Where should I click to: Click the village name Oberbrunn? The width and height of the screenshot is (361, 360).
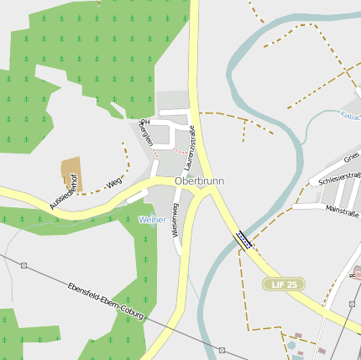(199, 180)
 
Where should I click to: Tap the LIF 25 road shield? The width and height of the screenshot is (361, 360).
(283, 284)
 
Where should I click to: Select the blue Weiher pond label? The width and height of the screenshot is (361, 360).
(152, 219)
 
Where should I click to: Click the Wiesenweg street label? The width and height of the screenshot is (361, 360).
(175, 219)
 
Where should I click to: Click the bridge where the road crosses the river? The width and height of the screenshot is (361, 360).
(243, 240)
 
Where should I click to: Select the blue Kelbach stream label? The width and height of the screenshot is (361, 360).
(350, 117)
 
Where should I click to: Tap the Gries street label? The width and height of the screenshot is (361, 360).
(352, 157)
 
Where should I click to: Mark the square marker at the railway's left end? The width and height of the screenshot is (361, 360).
(24, 265)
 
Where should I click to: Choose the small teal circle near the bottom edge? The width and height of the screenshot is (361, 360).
(291, 344)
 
